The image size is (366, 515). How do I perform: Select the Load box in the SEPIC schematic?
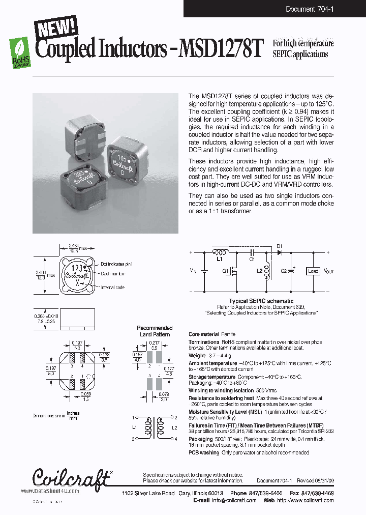[x=313, y=271]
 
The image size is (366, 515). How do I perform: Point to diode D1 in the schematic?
[x=279, y=252]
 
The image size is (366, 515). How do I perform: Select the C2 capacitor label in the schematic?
[x=283, y=271]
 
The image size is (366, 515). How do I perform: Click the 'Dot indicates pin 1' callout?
[x=116, y=264]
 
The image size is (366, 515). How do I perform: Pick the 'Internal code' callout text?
[x=113, y=287]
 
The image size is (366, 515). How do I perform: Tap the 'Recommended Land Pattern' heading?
[x=155, y=331]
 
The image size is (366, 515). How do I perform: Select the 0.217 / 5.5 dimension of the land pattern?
[x=155, y=346]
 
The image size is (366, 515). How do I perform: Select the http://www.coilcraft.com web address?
[x=305, y=500]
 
